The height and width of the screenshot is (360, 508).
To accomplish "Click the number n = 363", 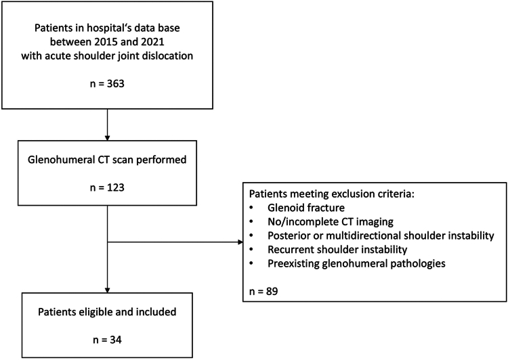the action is (107, 84).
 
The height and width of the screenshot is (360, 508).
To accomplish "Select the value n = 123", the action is (107, 187).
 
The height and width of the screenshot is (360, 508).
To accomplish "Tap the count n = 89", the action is (263, 292).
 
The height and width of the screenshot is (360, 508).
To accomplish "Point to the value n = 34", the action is (107, 340).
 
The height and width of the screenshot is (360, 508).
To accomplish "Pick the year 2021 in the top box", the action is (153, 42).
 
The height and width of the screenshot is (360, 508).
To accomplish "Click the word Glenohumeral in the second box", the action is (59, 160).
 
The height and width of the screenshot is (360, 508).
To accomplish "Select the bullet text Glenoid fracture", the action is (306, 208).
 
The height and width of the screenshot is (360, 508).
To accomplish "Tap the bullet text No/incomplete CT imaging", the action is (331, 222).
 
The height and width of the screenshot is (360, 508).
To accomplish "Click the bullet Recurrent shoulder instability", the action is (337, 250).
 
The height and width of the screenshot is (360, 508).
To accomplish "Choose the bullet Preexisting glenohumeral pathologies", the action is (356, 263).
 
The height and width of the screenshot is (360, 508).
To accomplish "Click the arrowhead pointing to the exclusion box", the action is (240, 242).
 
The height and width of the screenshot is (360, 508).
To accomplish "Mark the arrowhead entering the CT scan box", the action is (107, 138).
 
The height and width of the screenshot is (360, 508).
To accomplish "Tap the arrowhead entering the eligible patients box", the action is (107, 290).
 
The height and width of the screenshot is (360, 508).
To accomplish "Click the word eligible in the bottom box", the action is (97, 312).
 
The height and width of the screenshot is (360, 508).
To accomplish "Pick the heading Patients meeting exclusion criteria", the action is (332, 194).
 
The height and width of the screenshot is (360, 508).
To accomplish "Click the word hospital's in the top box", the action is (109, 28).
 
